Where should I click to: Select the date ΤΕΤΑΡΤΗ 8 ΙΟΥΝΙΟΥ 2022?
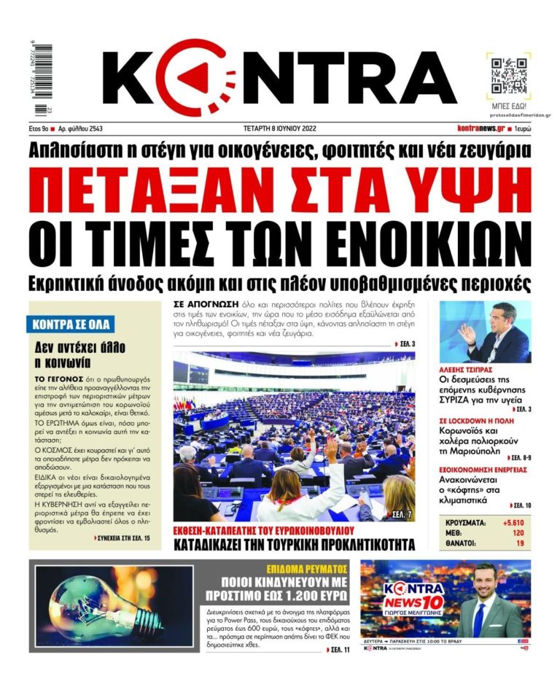click(280, 128)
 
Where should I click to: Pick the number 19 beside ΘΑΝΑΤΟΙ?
click(519, 543)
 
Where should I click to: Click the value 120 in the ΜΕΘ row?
click(518, 533)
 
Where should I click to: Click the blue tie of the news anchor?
click(478, 619)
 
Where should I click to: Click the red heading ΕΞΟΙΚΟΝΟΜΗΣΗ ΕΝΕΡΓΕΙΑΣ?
click(483, 470)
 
